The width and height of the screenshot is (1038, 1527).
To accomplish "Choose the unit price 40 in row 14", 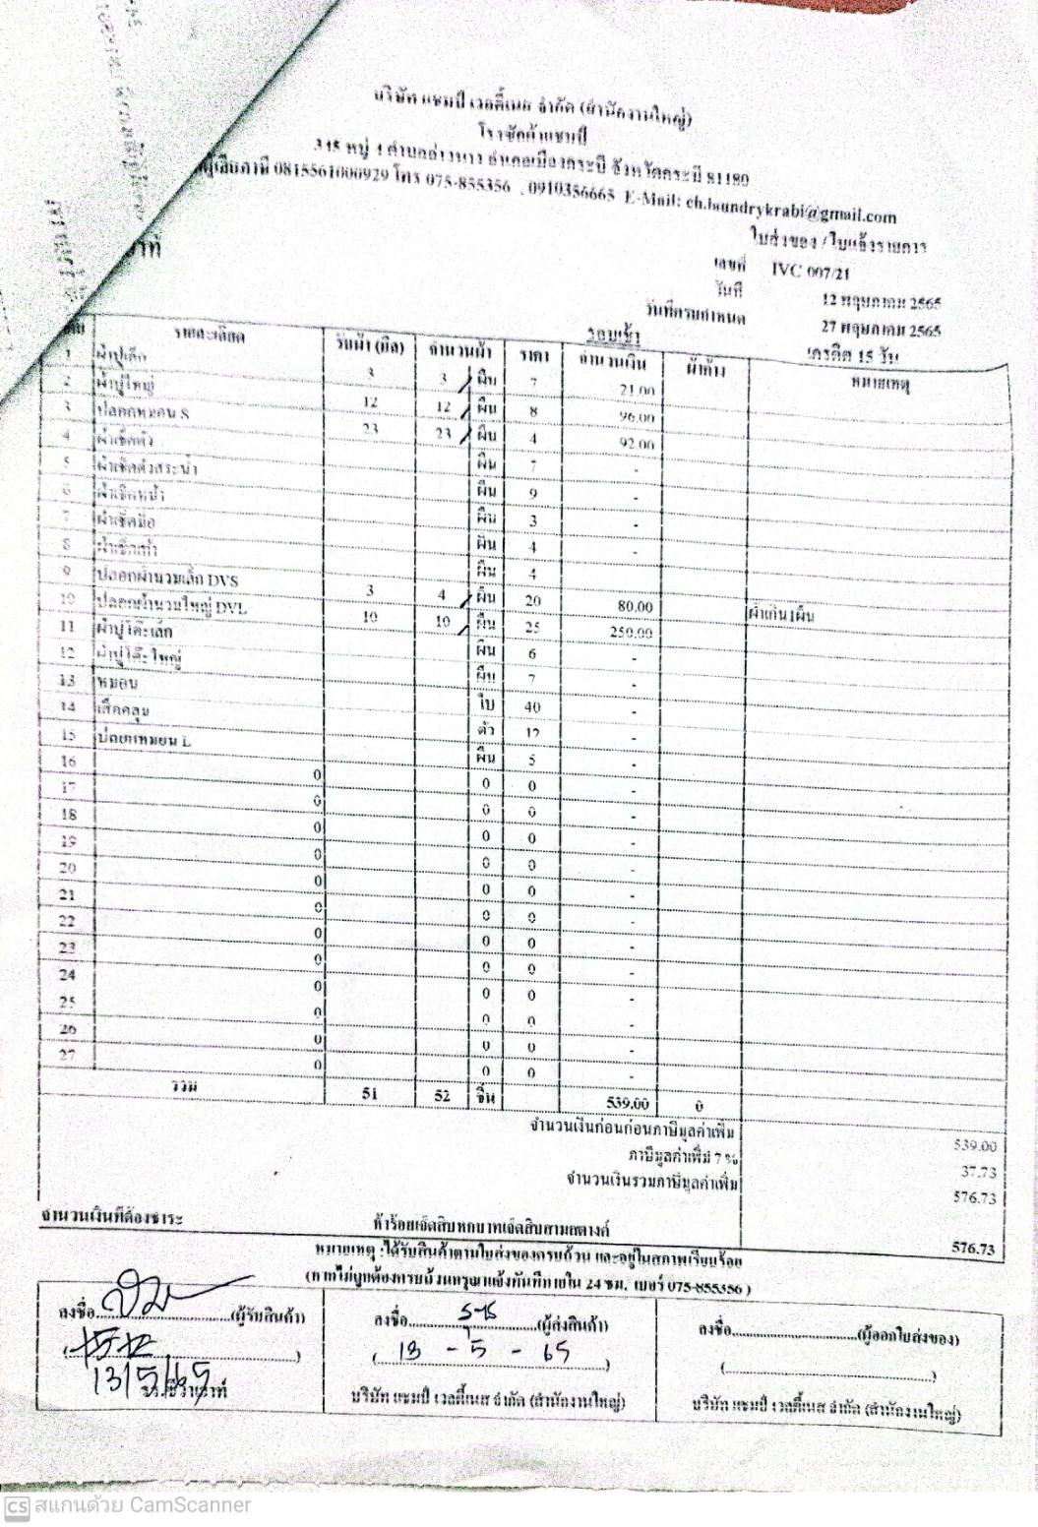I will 532,707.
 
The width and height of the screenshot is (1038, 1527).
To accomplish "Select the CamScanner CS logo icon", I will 17,1506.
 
